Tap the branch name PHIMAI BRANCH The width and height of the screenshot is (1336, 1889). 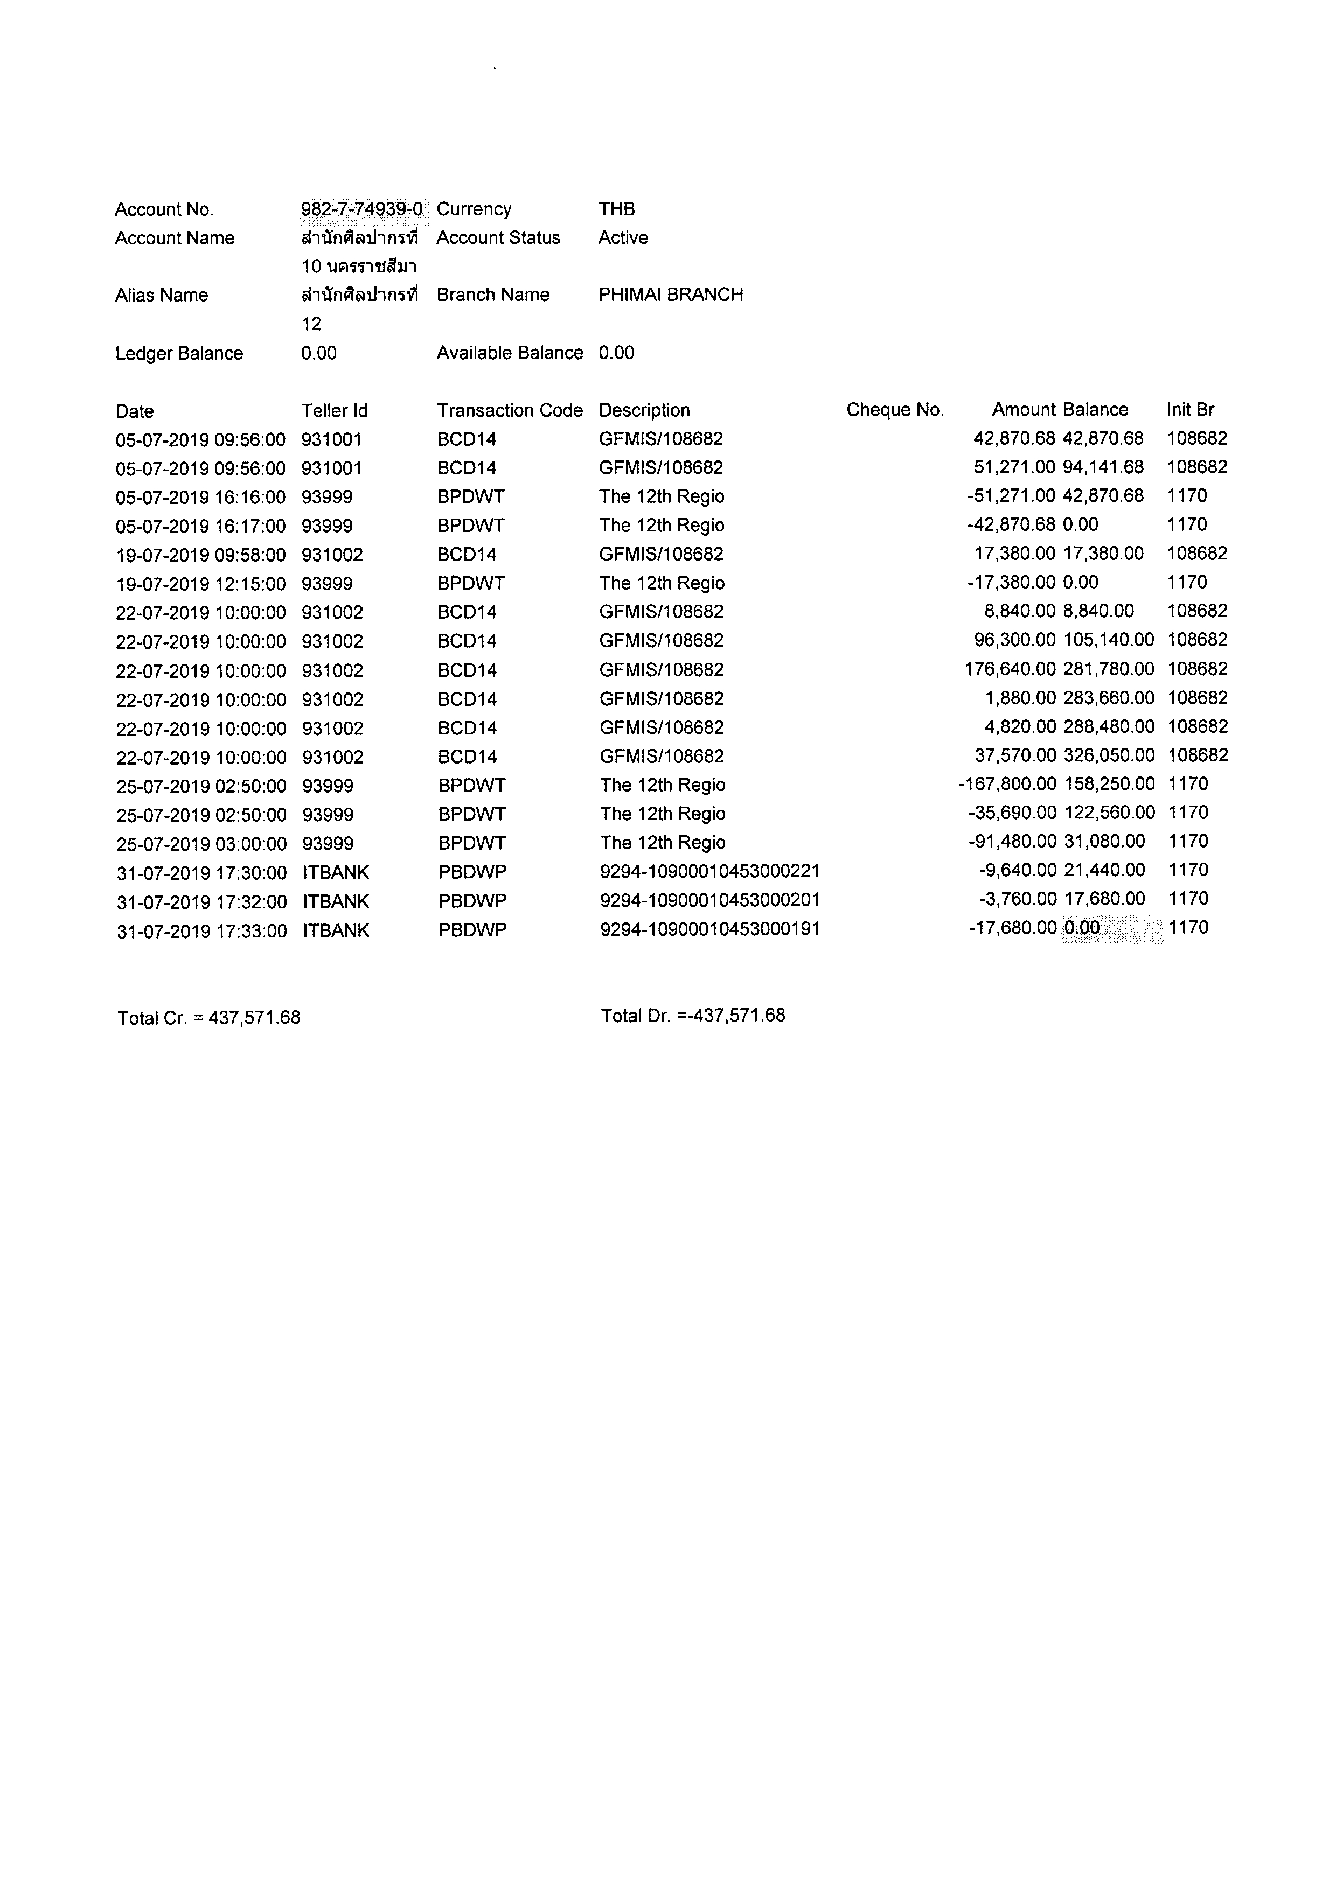click(670, 295)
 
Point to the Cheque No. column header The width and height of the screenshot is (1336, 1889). click(895, 410)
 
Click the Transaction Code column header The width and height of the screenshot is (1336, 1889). click(510, 410)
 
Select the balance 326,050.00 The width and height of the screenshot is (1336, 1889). click(1109, 755)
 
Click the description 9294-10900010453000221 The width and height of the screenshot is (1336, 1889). click(709, 870)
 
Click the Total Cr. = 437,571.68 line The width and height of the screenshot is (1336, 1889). click(209, 1018)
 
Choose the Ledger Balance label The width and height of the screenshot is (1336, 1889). click(179, 354)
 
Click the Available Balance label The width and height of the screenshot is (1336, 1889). click(510, 353)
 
